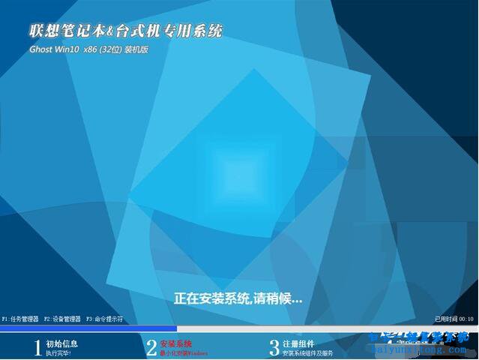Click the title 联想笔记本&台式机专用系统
[125, 31]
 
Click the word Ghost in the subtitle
[43, 49]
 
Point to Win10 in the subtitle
[68, 49]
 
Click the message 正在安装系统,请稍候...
[238, 298]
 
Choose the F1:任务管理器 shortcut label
[19, 319]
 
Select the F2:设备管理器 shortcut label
[62, 319]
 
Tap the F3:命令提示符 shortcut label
[105, 319]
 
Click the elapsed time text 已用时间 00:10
[454, 319]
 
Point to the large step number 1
[37, 347]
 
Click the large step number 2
[151, 347]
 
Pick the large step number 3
[274, 347]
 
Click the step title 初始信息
[61, 343]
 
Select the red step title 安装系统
[176, 343]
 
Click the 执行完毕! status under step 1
[58, 352]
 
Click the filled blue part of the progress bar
[88, 328]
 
